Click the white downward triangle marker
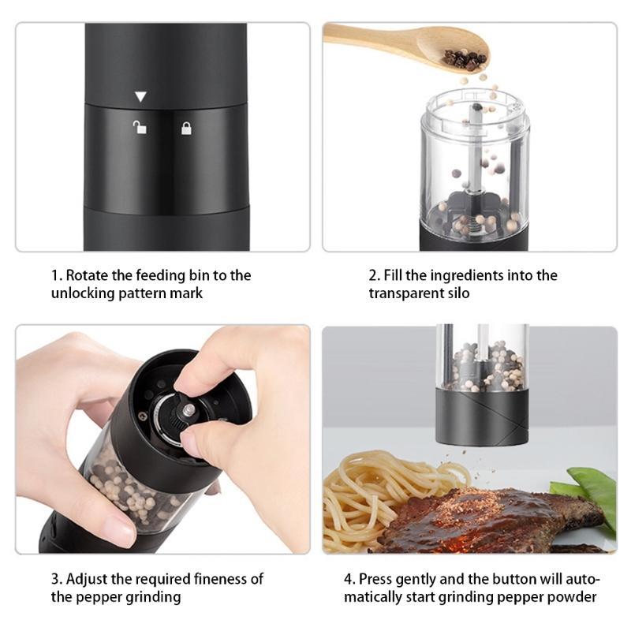(140, 97)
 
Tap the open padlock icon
(139, 127)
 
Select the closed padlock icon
(186, 127)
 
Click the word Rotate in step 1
(89, 275)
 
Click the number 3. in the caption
(56, 579)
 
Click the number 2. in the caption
(374, 275)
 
